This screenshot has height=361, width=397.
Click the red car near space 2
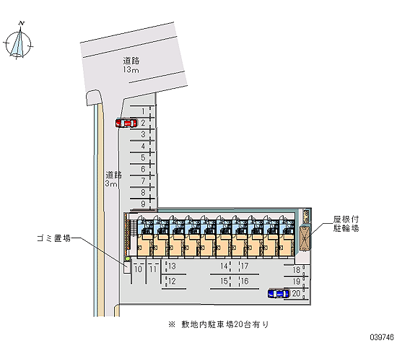pos(126,123)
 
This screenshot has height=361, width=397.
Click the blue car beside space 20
pos(279,293)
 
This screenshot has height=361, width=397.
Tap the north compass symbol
pos(18,43)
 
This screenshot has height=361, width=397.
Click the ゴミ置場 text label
pos(53,238)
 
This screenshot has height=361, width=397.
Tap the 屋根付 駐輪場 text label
pos(346,224)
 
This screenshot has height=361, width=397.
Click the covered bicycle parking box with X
pos(305,238)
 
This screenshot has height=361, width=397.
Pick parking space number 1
pos(143,111)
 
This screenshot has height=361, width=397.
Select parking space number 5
pos(144,157)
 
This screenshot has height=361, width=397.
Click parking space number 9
pos(144,204)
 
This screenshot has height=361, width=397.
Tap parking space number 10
pos(139,269)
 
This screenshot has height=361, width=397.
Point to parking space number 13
pos(172,266)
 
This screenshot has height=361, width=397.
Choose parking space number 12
pos(172,281)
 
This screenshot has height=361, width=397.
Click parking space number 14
pos(224,266)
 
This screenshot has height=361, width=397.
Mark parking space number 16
pos(245,281)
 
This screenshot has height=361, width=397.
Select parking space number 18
pos(297,270)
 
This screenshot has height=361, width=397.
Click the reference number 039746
pos(382,337)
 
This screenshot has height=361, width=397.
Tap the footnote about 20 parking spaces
pos(218,324)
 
